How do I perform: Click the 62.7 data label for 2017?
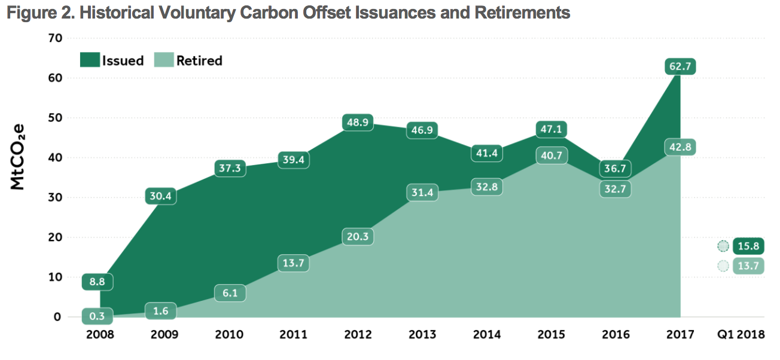point(680,66)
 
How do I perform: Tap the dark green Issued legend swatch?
point(90,60)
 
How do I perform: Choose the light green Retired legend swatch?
point(164,60)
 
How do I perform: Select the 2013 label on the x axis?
point(422,334)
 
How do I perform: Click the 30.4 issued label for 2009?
point(161,196)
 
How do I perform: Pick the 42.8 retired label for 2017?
point(680,147)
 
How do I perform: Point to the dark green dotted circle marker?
point(724,246)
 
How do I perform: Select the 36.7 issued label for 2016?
point(615,169)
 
